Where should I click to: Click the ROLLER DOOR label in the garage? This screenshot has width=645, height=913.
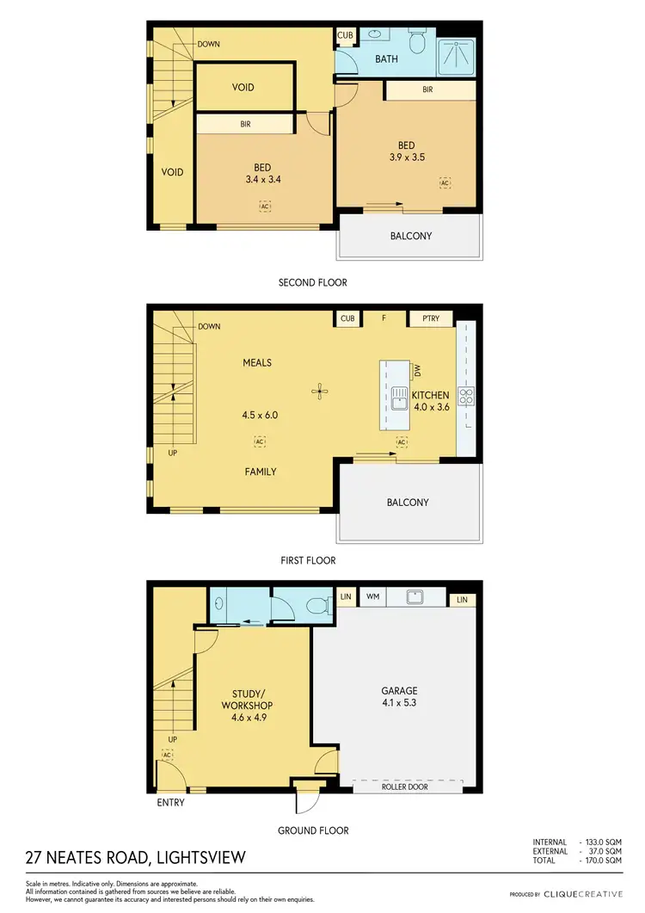tap(408, 787)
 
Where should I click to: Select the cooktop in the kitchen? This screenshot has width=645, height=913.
tap(467, 397)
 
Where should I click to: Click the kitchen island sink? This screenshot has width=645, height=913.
tap(400, 398)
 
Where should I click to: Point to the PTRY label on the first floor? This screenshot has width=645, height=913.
tap(430, 318)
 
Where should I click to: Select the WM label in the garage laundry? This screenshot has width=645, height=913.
tap(372, 595)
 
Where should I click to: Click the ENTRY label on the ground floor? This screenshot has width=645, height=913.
tap(170, 803)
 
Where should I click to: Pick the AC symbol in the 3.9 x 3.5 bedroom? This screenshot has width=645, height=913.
tap(445, 182)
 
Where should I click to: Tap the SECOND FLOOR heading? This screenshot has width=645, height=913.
tap(312, 282)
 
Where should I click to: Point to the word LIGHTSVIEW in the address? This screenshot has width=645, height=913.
tap(194, 857)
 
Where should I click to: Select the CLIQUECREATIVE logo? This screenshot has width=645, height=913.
tap(582, 894)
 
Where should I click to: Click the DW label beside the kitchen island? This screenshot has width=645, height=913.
tap(417, 370)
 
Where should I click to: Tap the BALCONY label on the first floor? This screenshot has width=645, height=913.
tap(408, 502)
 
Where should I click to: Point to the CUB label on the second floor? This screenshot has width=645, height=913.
tap(345, 35)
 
